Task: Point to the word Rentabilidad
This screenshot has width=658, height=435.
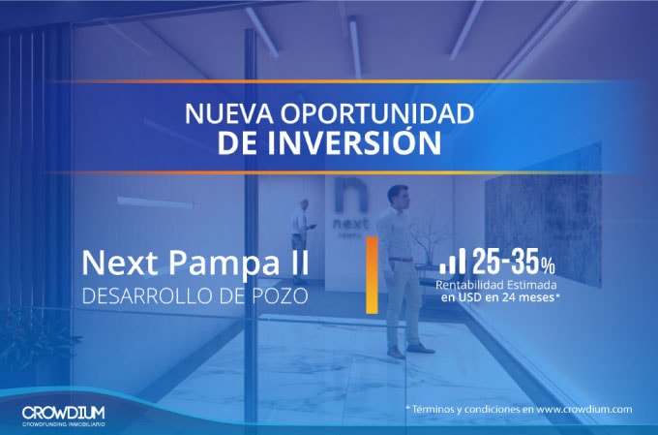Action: point(475,285)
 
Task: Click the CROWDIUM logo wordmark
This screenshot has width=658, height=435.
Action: point(64,411)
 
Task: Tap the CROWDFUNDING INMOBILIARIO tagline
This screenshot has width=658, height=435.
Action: point(64,423)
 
